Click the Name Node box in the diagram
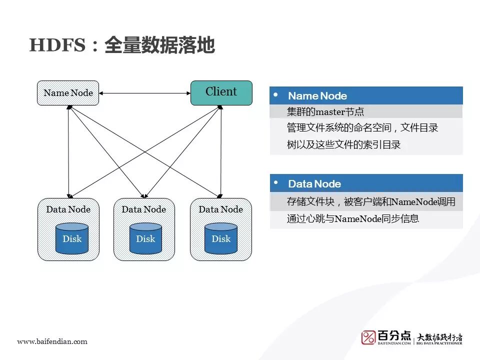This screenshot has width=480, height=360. tap(68, 93)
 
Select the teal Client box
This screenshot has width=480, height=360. tap(221, 93)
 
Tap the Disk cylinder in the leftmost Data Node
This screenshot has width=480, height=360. tap(71, 238)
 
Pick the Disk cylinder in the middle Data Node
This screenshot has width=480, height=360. tap(145, 238)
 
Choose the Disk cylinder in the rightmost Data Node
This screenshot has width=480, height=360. tap(221, 238)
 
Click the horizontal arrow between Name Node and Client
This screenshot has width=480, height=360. tap(145, 93)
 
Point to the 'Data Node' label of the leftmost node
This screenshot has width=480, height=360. tap(68, 209)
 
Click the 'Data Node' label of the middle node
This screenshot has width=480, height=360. tap(144, 209)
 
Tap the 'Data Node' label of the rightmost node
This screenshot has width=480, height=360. tap(220, 209)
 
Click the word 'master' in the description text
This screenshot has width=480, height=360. tap(325, 112)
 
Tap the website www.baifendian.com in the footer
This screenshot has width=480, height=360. tap(52, 341)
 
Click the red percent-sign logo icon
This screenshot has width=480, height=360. tap(368, 337)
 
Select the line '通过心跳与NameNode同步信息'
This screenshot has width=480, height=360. tap(353, 218)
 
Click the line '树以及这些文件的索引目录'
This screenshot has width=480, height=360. tap(344, 145)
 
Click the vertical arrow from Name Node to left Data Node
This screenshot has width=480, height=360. tap(68, 150)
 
